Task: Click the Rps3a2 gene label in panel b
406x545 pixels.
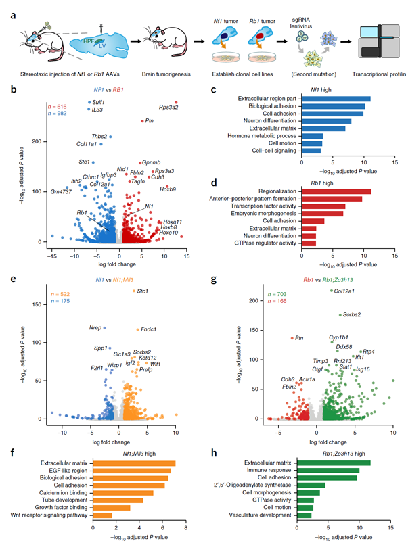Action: coord(169,107)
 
